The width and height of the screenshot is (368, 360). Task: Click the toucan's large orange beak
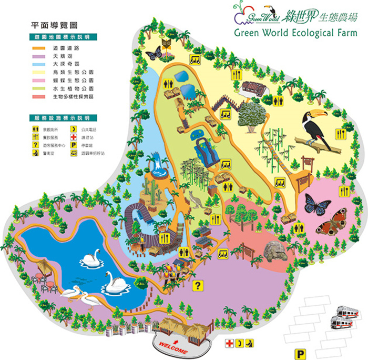point(318,115)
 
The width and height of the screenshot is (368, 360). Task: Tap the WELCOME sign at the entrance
point(171,349)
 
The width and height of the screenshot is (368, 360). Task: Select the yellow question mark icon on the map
point(198,286)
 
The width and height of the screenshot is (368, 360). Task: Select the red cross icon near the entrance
point(229,343)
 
